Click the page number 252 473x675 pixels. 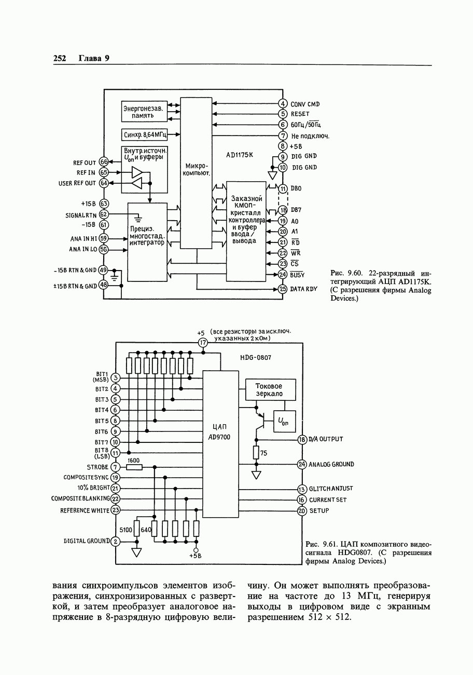[x=60, y=58]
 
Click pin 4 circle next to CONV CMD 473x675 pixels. [x=283, y=103]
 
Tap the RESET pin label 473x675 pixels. [x=300, y=114]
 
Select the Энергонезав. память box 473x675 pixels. [x=144, y=112]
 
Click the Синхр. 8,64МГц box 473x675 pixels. [x=145, y=135]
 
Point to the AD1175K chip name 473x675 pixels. [x=239, y=155]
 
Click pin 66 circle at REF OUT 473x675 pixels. [x=103, y=163]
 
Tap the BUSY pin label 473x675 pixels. [x=297, y=275]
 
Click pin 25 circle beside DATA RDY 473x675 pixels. [x=283, y=289]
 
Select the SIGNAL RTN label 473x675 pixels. [x=81, y=215]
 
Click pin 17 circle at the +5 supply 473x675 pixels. [x=203, y=343]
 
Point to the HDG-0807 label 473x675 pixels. [x=256, y=358]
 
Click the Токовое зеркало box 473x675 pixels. [x=270, y=389]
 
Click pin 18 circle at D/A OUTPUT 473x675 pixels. [x=302, y=439]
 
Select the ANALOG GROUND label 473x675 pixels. [x=331, y=464]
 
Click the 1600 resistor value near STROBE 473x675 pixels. [x=134, y=461]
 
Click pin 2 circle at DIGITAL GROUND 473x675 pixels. [x=116, y=542]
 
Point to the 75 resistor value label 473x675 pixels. [x=263, y=453]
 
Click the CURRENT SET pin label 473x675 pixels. [x=328, y=500]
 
